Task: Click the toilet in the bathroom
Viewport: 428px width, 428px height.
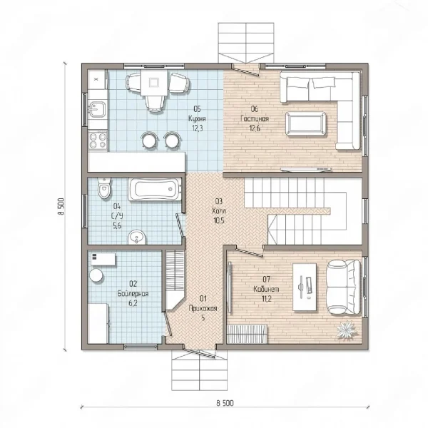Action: point(104,188)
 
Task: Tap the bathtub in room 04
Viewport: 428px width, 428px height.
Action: point(155,189)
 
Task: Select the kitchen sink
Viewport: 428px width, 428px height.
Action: point(97,109)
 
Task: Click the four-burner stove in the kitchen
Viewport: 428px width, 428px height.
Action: point(98,140)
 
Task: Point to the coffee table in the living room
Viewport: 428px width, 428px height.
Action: point(305,123)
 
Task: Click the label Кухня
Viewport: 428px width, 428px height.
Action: point(197,118)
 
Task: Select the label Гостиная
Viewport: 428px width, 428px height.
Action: point(255,118)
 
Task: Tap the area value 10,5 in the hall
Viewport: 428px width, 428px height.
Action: point(219,220)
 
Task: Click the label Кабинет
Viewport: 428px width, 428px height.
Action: point(266,289)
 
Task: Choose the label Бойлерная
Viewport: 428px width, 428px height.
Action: point(133,294)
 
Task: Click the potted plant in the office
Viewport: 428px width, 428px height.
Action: point(347,330)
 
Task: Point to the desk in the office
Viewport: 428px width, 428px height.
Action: point(305,287)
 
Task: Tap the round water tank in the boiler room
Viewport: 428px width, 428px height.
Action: point(96,275)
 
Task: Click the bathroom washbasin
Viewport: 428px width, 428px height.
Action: point(137,238)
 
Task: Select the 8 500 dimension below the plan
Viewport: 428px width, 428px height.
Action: point(225,402)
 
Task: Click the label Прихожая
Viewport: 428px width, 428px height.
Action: point(203,308)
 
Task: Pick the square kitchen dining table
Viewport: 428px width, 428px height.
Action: point(154,83)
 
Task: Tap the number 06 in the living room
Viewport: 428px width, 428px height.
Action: point(255,109)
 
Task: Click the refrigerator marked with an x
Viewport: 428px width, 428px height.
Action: point(97,79)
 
